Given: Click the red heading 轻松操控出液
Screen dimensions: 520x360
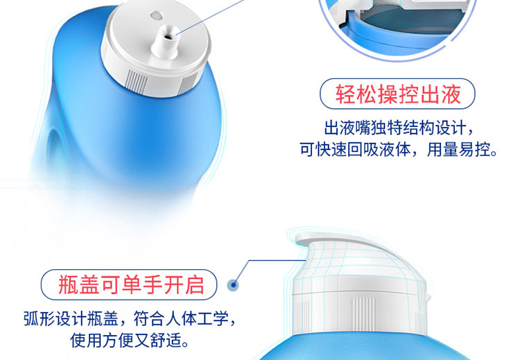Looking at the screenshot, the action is coord(398,94).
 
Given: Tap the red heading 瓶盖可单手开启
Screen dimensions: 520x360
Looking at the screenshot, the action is coord(131,285).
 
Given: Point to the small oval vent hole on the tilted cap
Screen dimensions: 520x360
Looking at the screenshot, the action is coord(155,15).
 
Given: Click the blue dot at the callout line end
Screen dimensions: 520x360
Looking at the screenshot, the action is coord(234,284).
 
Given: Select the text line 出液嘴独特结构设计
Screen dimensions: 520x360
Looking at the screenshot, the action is coord(399,128).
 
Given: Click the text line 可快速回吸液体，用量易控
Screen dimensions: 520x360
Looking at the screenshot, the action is coord(399,149).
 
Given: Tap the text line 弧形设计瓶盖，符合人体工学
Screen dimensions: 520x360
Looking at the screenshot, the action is coord(130,319).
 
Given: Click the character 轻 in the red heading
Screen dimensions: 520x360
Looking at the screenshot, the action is coord(345,94).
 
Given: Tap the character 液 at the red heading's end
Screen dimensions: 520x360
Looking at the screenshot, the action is coord(451,94).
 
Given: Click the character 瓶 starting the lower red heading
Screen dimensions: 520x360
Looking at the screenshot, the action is coord(69,285).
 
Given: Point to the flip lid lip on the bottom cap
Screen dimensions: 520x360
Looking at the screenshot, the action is coord(309,239).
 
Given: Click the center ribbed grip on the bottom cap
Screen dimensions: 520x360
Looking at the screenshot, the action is coord(363,314).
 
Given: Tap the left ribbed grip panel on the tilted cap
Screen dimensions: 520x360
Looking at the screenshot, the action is coord(137,81).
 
